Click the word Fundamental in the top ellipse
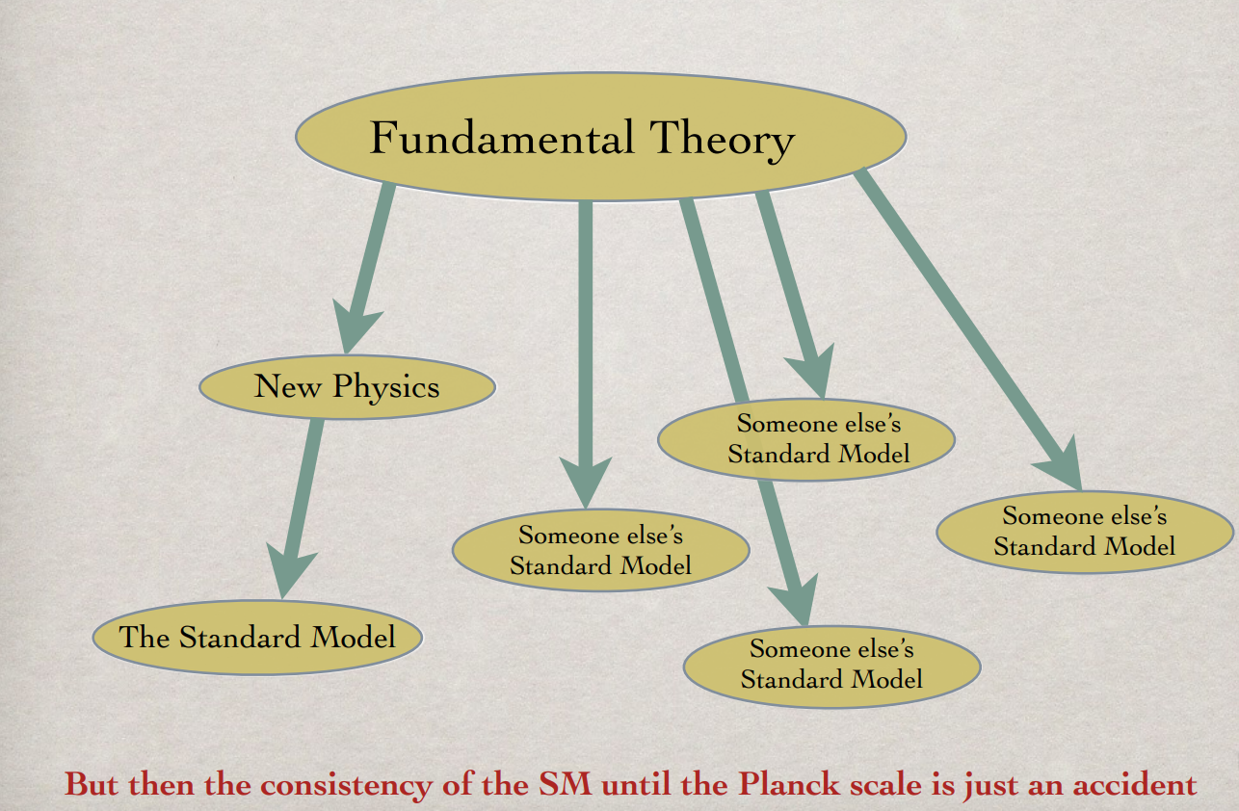click(502, 137)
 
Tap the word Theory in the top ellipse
click(722, 141)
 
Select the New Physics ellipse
click(348, 386)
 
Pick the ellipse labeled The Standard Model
click(258, 638)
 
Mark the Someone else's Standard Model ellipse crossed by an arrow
click(806, 439)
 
